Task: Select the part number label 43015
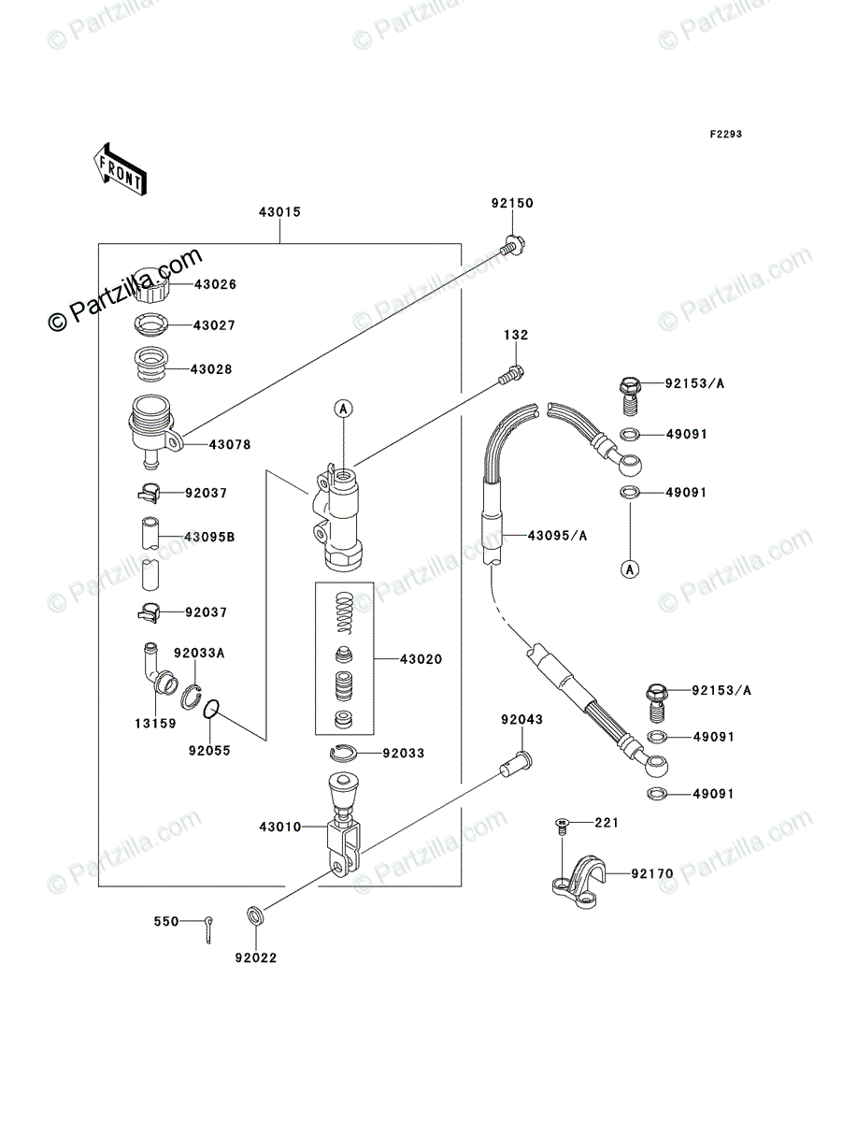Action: coord(279,212)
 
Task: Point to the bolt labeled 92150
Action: coord(511,246)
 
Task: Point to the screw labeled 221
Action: coord(561,824)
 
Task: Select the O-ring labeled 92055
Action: coord(212,712)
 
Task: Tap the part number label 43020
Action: coord(421,659)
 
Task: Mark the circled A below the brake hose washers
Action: coord(629,568)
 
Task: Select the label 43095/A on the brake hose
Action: coord(557,536)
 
